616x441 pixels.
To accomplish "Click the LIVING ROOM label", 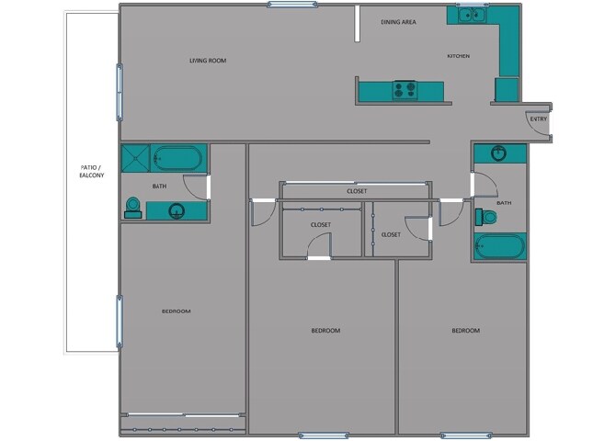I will pyautogui.click(x=208, y=61).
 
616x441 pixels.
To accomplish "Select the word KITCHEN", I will pyautogui.click(x=458, y=56).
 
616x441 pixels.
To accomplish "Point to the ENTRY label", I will pyautogui.click(x=538, y=119).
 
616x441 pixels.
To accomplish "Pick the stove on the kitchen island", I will pyautogui.click(x=405, y=90).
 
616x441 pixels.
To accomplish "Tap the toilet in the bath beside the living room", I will pyautogui.click(x=131, y=209).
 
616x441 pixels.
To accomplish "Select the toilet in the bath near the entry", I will pyautogui.click(x=487, y=218).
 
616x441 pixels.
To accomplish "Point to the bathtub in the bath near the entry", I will pyautogui.click(x=499, y=247).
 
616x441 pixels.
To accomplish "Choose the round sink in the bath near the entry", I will pyautogui.click(x=499, y=153).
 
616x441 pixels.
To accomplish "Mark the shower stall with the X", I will pyautogui.click(x=137, y=158).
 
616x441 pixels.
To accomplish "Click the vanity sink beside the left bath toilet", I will pyautogui.click(x=176, y=210).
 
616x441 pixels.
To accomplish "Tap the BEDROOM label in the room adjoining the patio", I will pyautogui.click(x=176, y=311).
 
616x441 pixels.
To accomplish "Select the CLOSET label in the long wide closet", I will pyautogui.click(x=357, y=191).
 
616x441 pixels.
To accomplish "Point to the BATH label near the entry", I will pyautogui.click(x=504, y=202).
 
